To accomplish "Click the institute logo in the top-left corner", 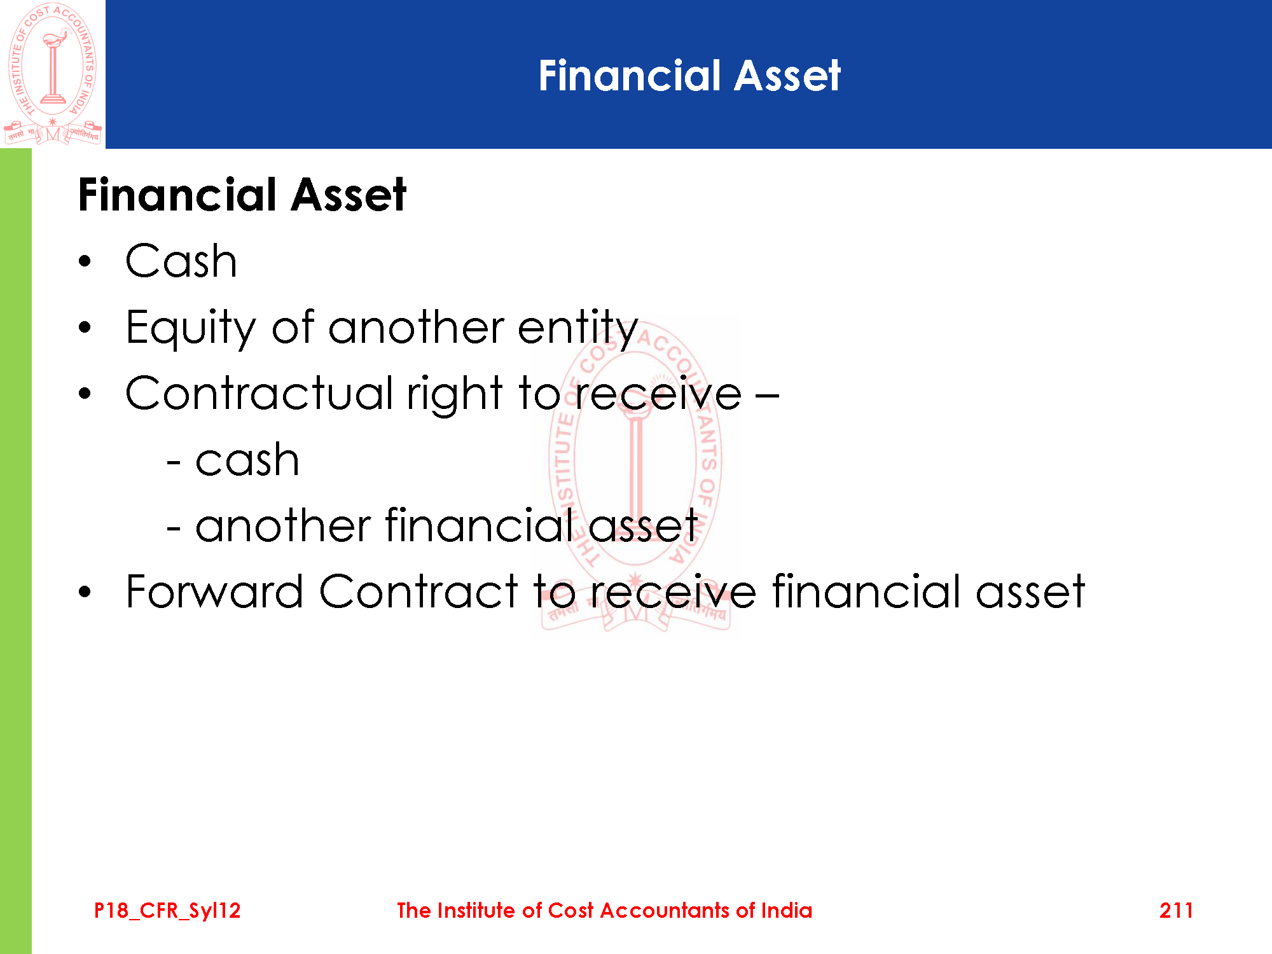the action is [53, 74].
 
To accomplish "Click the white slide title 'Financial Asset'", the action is [689, 76].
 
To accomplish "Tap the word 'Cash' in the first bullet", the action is [181, 261].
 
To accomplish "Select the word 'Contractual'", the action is [259, 392].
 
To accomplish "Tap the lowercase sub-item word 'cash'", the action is [247, 460].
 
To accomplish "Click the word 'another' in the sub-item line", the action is [283, 525].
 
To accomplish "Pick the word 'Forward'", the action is [214, 591].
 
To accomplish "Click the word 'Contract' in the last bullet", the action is [418, 591].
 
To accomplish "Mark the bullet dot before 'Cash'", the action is [85, 262].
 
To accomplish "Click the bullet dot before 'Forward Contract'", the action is [85, 592].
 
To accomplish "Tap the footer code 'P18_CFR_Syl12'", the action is [167, 911].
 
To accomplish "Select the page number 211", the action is [1176, 911].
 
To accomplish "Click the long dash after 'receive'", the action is [768, 396].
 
